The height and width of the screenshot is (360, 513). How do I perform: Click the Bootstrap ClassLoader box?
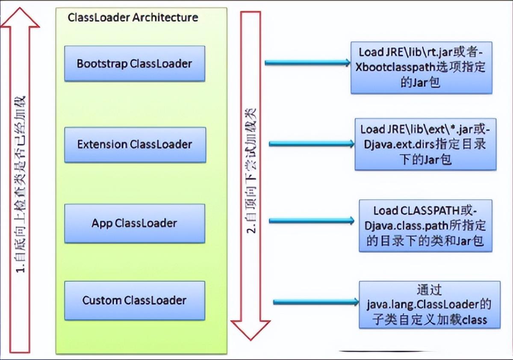point(135,63)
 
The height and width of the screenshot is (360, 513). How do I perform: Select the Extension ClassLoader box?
point(135,145)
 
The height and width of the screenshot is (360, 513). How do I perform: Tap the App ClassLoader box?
point(135,223)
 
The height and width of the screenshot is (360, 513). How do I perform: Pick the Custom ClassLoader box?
point(135,301)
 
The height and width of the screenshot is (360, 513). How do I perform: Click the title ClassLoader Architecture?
point(133,18)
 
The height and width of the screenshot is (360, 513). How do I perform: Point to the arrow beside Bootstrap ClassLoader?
point(307,62)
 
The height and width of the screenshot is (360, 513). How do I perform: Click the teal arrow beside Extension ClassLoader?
point(312,144)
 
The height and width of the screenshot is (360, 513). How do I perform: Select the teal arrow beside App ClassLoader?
point(312,221)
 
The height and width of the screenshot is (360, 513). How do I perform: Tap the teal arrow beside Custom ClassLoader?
point(316,302)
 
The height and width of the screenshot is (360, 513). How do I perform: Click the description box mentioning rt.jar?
point(422,68)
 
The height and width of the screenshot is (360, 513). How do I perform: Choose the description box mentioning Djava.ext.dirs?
point(425,144)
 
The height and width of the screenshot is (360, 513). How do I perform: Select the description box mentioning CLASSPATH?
point(425,226)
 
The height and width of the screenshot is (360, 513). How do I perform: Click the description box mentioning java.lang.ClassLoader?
point(430,305)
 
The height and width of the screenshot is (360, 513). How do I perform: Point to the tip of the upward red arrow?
point(20,8)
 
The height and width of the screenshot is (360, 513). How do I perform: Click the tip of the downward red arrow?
point(251,340)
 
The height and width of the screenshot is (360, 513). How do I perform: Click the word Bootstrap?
point(102,64)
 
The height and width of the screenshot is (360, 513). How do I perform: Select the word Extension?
point(102,145)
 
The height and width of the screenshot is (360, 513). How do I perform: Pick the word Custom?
point(102,301)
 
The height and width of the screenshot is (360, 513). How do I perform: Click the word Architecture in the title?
point(165,18)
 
